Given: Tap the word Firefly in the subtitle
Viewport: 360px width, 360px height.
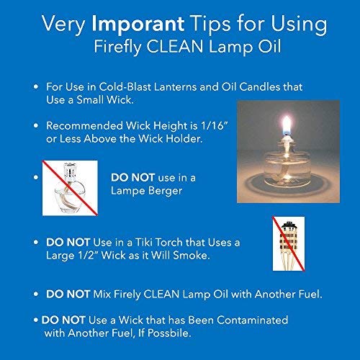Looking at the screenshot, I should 118,49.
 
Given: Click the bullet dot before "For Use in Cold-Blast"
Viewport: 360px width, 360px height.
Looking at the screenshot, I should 36,86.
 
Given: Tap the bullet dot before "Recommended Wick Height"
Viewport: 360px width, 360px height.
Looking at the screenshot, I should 36,124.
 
